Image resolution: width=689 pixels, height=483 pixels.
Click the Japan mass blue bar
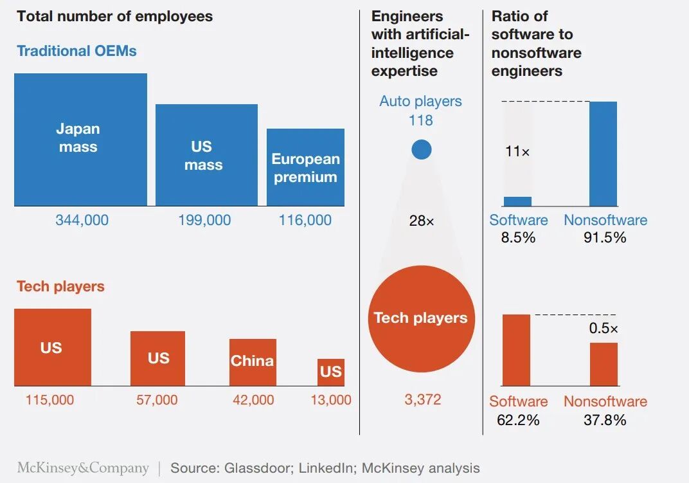(80, 140)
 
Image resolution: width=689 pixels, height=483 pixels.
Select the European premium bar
(305, 167)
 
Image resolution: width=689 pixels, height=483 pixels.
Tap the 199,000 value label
(204, 220)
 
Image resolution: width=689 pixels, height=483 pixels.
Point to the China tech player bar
(253, 361)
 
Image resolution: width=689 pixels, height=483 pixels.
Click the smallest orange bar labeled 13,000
(331, 372)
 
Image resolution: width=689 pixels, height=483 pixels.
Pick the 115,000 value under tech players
(49, 400)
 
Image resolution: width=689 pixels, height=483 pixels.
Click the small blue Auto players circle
(422, 150)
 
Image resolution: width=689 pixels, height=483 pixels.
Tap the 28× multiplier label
(422, 221)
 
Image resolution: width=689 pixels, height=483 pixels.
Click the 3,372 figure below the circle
(422, 399)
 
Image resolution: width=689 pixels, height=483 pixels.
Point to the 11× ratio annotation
(517, 152)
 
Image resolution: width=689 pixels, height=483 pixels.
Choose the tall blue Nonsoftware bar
(603, 154)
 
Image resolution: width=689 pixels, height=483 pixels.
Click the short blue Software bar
(517, 201)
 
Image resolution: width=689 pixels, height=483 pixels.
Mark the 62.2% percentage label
(518, 421)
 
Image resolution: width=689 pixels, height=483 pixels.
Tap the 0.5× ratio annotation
(604, 329)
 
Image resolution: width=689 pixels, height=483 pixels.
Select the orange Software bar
(517, 350)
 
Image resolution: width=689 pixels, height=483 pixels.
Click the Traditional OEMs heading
(76, 51)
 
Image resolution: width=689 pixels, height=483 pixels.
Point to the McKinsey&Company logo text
(83, 468)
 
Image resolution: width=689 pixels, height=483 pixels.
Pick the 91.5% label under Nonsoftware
(605, 237)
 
